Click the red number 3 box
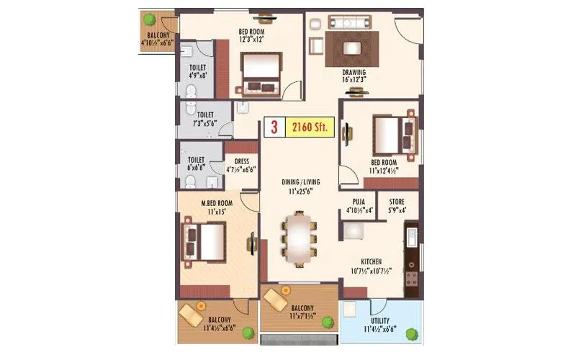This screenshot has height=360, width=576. (274, 127)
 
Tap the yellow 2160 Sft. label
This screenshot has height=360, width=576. (310, 127)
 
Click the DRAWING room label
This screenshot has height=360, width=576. (354, 72)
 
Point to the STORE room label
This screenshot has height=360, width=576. (397, 202)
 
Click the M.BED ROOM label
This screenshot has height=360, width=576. (216, 203)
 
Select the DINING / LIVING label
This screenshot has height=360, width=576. (300, 183)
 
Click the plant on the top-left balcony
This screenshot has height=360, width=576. (149, 19)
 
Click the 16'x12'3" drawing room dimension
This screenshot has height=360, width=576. (354, 80)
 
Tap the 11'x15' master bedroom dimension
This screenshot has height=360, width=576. (216, 212)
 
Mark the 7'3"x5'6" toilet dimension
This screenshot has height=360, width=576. (205, 122)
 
